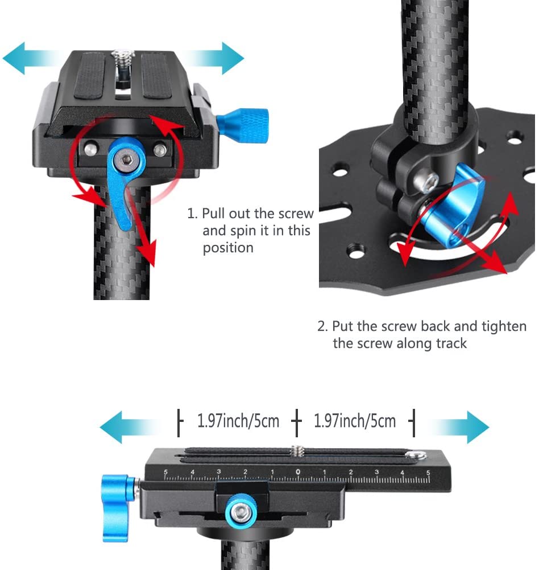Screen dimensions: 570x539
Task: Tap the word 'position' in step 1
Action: [227, 248]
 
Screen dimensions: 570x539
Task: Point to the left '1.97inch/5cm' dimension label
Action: [238, 421]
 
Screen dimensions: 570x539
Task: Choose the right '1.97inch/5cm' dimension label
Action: [355, 421]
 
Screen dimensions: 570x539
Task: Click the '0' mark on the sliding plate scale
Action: [298, 471]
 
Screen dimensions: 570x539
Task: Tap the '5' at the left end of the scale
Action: [165, 472]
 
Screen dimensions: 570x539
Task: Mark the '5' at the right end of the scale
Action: [428, 472]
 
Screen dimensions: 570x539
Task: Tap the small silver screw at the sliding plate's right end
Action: [418, 455]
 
